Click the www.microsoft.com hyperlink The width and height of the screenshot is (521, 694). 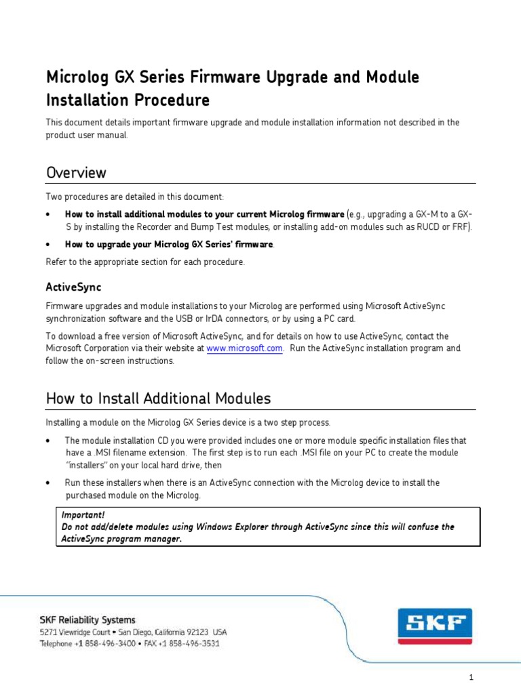coord(244,348)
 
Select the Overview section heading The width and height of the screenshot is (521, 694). coord(76,173)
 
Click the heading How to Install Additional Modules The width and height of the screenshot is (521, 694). coord(158,399)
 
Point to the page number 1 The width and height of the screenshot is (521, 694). coord(471,678)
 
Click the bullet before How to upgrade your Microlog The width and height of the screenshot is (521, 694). coord(49,244)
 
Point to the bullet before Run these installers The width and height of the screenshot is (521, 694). coord(49,483)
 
